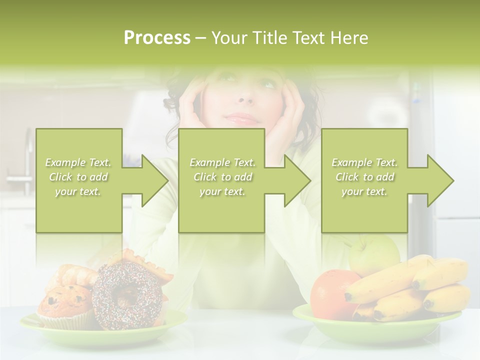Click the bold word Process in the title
[x=157, y=38]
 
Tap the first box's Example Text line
[x=78, y=162]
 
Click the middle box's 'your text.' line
[x=222, y=191]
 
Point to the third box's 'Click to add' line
[x=364, y=177]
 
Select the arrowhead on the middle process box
[x=294, y=180]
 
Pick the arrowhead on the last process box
[x=438, y=180]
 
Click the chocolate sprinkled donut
[x=127, y=295]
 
